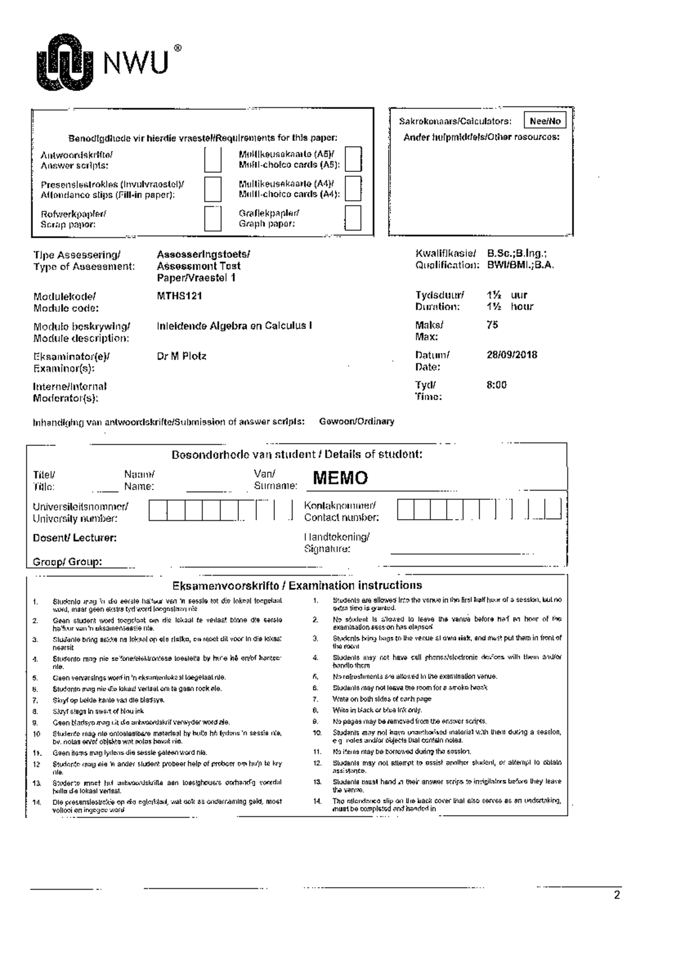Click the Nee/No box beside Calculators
pyautogui.click(x=545, y=121)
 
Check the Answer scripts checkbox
pyautogui.click(x=212, y=160)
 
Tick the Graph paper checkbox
pyautogui.click(x=353, y=218)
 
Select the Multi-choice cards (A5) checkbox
pyautogui.click(x=353, y=160)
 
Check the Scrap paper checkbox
pyautogui.click(x=212, y=218)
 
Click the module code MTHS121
pyautogui.click(x=179, y=296)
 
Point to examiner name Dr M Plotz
pyautogui.click(x=181, y=356)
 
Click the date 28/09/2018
pyautogui.click(x=512, y=355)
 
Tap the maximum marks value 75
pyautogui.click(x=492, y=325)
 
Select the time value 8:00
pyautogui.click(x=496, y=386)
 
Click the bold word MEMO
pyautogui.click(x=340, y=479)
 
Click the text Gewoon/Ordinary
pyautogui.click(x=357, y=422)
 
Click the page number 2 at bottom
pyautogui.click(x=616, y=895)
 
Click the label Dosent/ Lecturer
pyautogui.click(x=74, y=538)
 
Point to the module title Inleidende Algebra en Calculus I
pyautogui.click(x=234, y=326)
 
